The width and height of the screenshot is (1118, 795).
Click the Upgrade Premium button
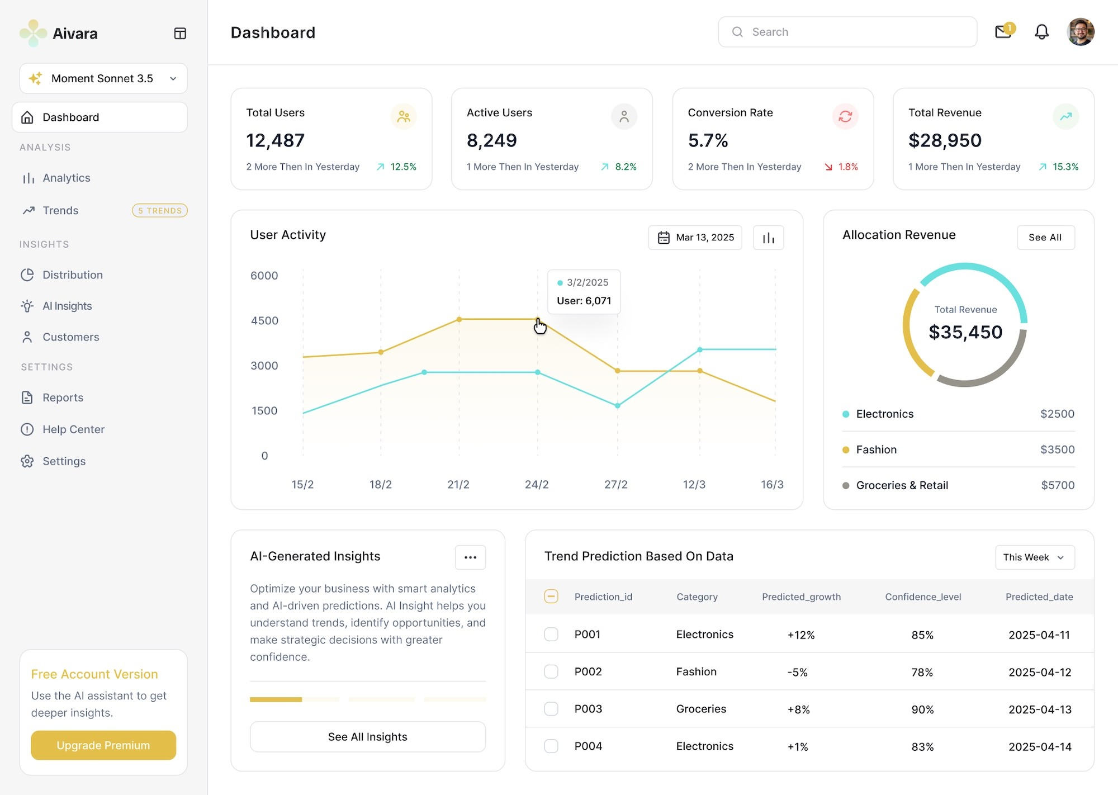[x=103, y=745]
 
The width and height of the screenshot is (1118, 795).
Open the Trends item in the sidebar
[x=60, y=210]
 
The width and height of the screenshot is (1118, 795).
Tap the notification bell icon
[x=1041, y=32]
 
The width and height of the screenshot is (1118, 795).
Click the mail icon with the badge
[x=1003, y=32]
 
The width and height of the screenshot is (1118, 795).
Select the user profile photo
[x=1080, y=32]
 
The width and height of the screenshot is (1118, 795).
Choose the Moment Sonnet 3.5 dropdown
[x=103, y=78]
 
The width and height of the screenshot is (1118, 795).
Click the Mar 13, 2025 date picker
[x=695, y=238]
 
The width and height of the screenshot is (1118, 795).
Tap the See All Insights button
[x=367, y=737]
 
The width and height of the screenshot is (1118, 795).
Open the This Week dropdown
[x=1034, y=557]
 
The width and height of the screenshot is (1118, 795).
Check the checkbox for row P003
[x=551, y=709]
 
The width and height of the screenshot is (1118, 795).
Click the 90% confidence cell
[x=922, y=709]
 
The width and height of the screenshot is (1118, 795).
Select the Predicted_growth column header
[x=801, y=597]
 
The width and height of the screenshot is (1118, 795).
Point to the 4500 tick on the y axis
[x=264, y=321]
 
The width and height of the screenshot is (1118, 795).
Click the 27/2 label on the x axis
[x=615, y=485]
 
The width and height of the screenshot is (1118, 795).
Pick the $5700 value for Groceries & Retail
[x=1057, y=485]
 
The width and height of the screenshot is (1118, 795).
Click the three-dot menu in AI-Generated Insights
[x=470, y=557]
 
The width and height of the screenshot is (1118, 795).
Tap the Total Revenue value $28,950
[x=945, y=140]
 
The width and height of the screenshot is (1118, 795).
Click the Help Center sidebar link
[x=73, y=429]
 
